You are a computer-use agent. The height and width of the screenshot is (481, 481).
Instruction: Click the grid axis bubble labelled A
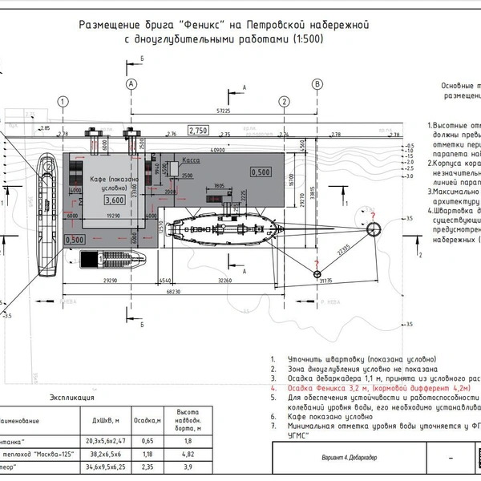pos(132,83)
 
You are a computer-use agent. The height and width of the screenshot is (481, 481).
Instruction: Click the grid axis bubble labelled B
pos(317,83)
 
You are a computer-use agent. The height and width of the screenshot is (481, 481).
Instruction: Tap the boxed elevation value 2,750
pos(198,130)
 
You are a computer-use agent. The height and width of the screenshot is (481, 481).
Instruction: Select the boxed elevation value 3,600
pos(115,199)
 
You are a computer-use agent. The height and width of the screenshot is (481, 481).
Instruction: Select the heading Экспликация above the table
pos(72,397)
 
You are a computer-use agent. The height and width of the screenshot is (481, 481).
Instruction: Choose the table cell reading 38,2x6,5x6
pos(109,453)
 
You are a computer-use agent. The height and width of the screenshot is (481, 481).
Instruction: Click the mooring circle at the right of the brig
pos(374,229)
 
